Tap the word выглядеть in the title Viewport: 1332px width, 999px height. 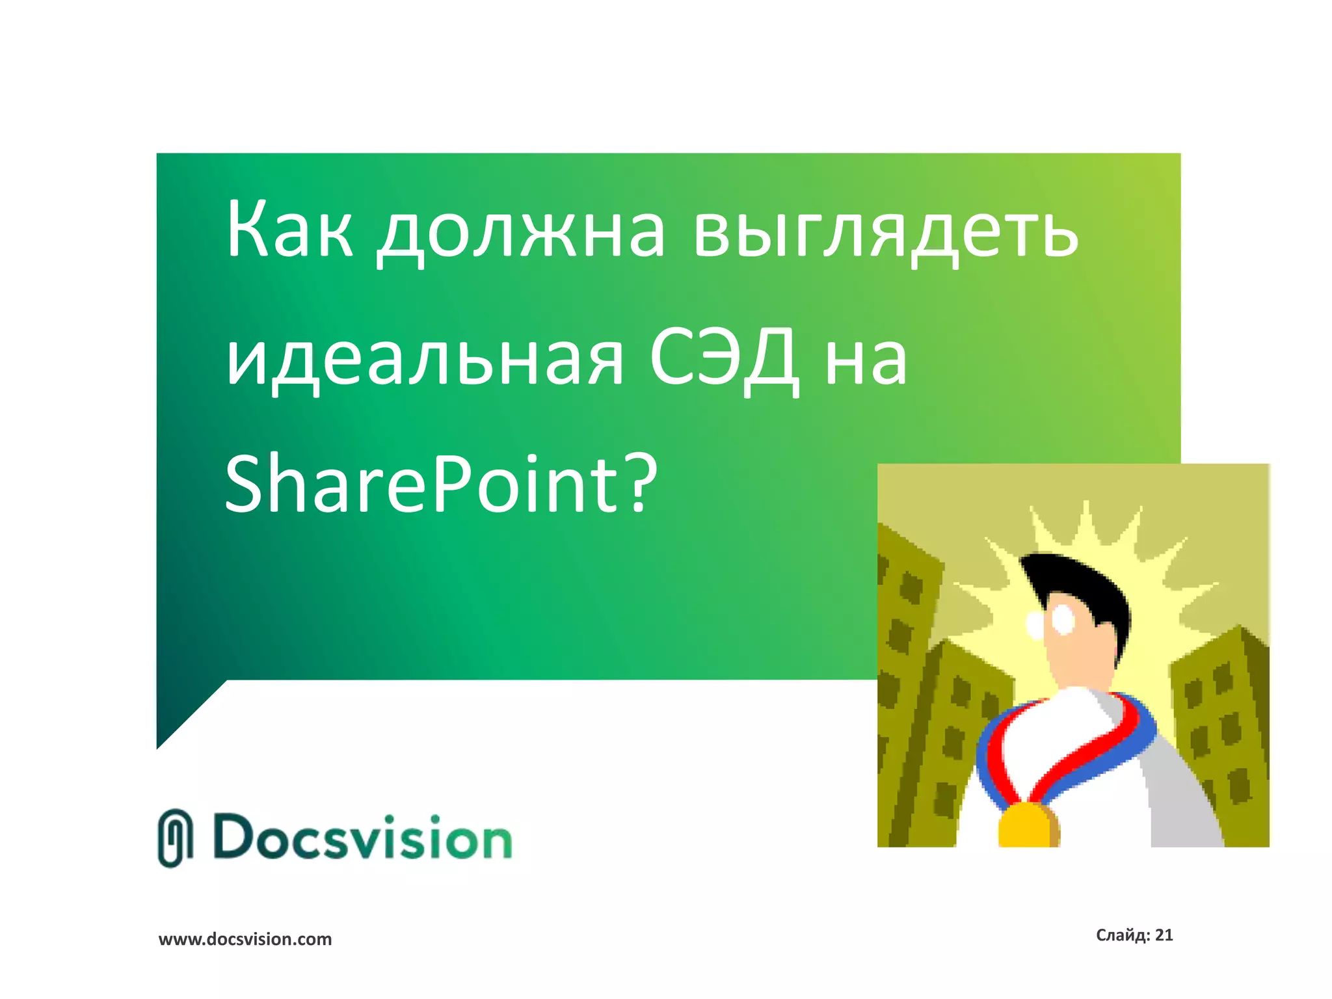point(885,232)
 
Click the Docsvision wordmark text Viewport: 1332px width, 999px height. point(362,838)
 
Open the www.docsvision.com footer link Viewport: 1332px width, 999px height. point(245,939)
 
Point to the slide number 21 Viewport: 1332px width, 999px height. point(1164,935)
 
